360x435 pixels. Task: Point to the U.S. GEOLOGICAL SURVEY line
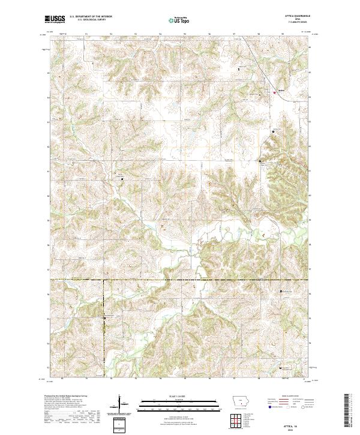88,20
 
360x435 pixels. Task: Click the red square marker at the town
275,92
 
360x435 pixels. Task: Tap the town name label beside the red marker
280,91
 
